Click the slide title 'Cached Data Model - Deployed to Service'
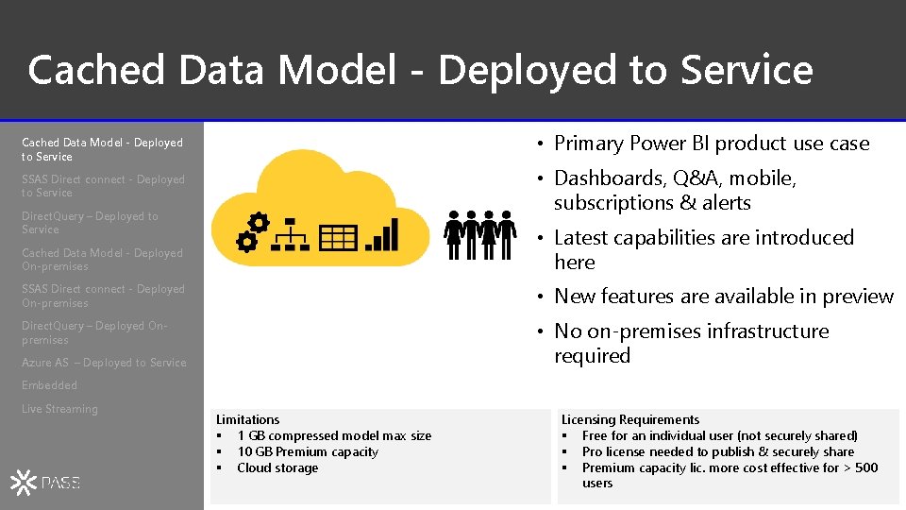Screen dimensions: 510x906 (x=420, y=70)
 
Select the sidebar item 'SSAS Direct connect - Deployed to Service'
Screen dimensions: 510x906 (x=103, y=186)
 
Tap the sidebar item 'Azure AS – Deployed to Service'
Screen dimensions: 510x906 (x=104, y=363)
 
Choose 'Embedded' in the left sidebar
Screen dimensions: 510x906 (x=49, y=385)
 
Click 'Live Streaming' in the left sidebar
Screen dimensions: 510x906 (x=59, y=409)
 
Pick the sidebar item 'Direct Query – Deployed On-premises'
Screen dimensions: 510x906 (x=94, y=332)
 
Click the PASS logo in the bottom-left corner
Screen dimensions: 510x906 (x=46, y=483)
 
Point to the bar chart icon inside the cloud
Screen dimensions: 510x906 (x=383, y=234)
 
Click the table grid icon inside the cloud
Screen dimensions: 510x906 (x=338, y=238)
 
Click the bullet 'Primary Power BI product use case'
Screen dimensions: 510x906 (x=711, y=144)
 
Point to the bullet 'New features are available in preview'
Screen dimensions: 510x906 (x=723, y=297)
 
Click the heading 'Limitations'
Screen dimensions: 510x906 (x=247, y=419)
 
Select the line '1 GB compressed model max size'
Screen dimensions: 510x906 (x=333, y=435)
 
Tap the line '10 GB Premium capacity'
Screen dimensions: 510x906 (x=307, y=451)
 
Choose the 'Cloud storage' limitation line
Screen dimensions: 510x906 (x=277, y=467)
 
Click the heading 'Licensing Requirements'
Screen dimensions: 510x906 (x=629, y=419)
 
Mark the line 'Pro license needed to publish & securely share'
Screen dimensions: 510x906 (x=717, y=451)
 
